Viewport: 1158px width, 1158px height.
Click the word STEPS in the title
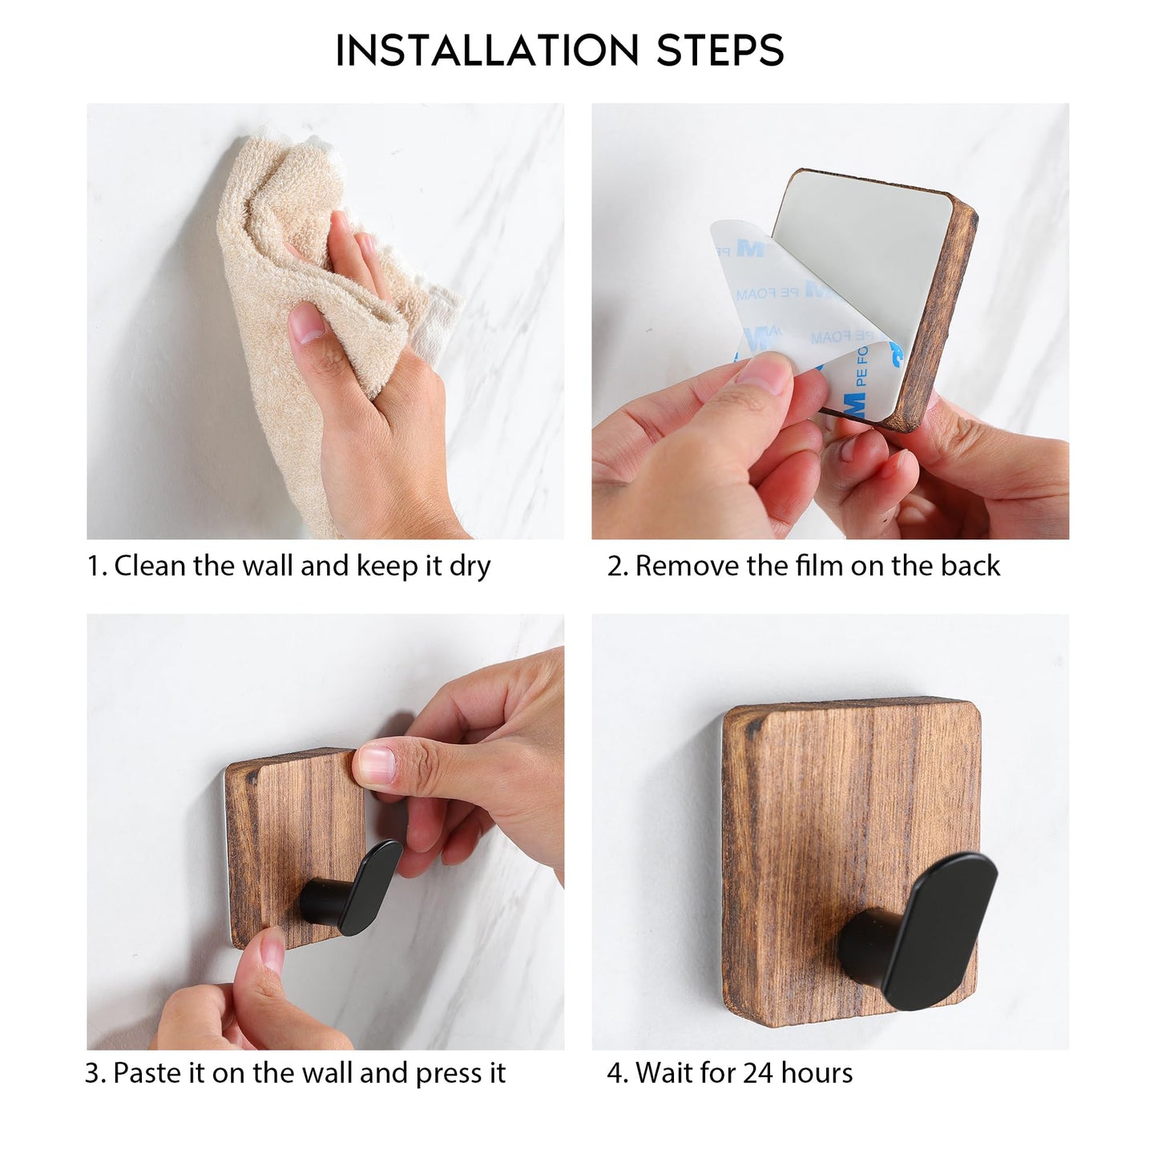coord(720,51)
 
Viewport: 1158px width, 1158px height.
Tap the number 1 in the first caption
coord(94,567)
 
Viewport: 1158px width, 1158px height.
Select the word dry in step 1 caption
coord(470,567)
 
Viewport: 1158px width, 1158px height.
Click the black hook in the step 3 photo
coord(361,890)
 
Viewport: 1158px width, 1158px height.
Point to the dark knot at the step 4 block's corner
coord(752,728)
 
